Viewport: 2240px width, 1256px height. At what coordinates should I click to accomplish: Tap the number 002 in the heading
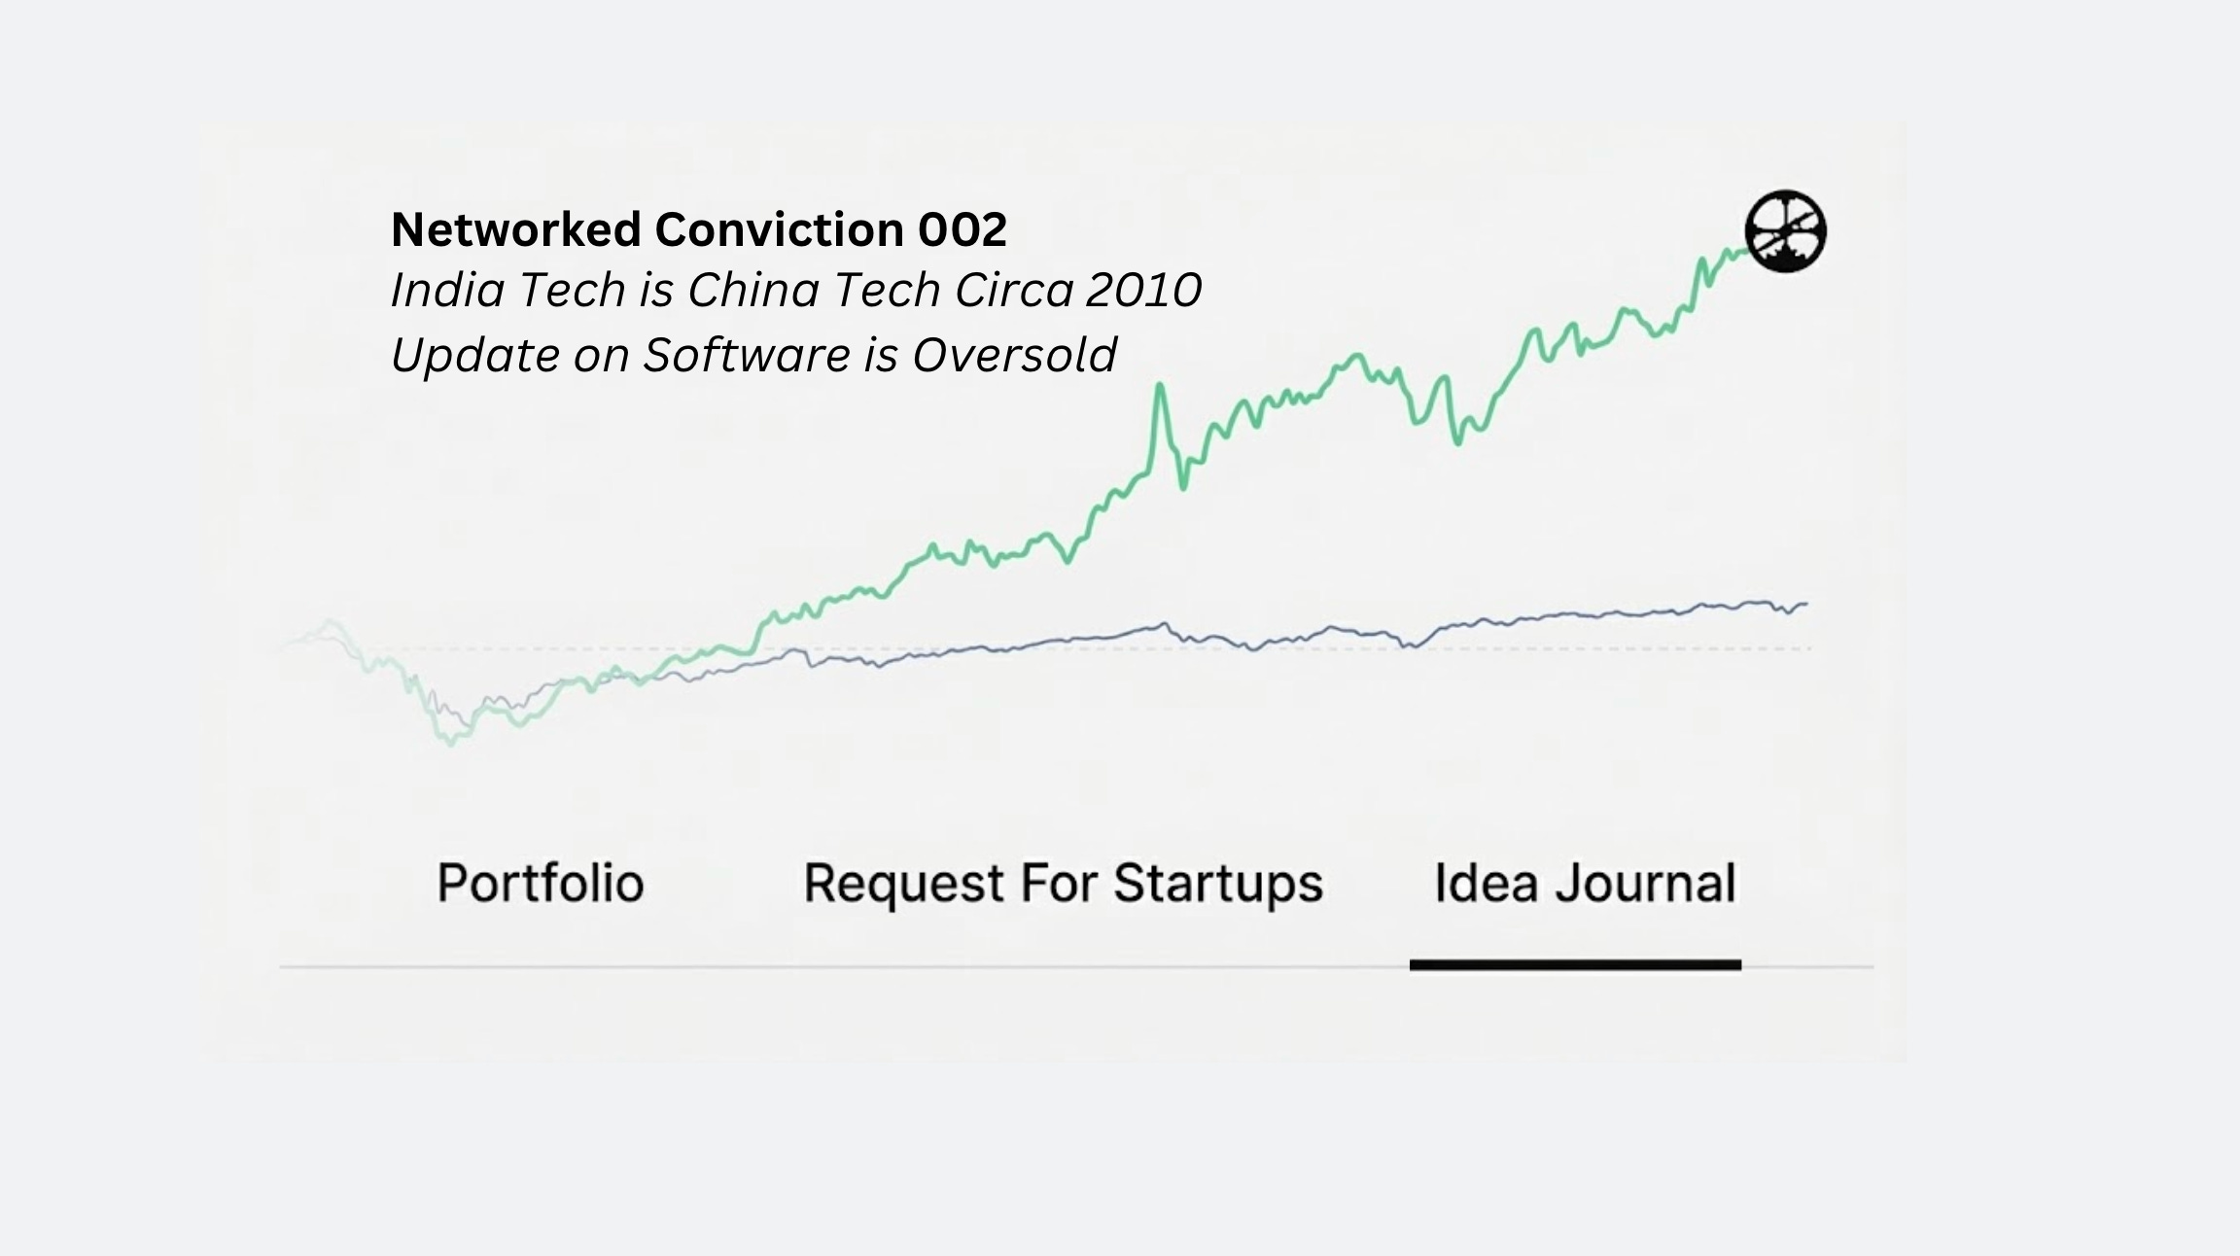tap(962, 230)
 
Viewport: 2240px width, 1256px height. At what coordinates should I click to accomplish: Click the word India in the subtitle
tap(446, 290)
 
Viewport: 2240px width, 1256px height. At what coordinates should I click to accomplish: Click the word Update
tap(473, 355)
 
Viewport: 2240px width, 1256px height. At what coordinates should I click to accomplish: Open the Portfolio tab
tap(541, 883)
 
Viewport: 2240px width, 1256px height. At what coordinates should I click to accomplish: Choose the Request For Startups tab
tap(1063, 883)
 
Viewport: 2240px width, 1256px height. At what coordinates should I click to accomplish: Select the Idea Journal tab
tap(1585, 883)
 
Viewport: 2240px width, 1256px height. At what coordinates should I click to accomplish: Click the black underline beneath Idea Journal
tap(1575, 965)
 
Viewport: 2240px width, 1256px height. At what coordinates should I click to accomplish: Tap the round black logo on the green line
tap(1785, 231)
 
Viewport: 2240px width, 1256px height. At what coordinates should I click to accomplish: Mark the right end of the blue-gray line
tap(1805, 605)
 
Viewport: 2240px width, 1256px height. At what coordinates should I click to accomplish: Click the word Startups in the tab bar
tap(1217, 883)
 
